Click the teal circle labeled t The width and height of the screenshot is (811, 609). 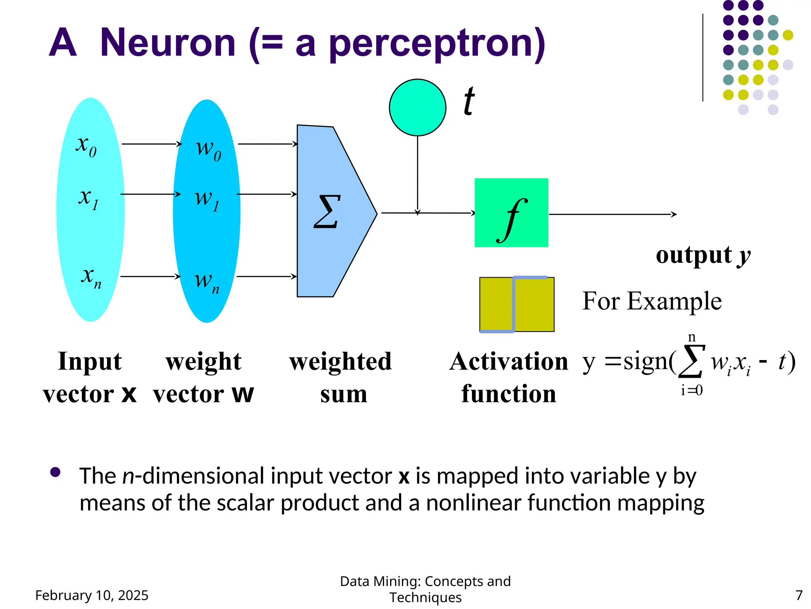coord(417,107)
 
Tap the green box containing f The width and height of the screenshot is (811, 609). coord(511,213)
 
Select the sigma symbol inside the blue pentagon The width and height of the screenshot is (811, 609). coord(327,212)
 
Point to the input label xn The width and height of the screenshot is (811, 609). coord(91,277)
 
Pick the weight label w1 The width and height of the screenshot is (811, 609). coord(207,199)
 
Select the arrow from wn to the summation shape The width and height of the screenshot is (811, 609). coord(267,276)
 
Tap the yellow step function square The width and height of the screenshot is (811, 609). coord(517,304)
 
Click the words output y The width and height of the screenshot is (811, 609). coord(703,255)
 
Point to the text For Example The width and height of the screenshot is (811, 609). coord(652,301)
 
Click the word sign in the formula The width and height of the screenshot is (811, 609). coord(645,362)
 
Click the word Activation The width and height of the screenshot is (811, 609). coord(509,362)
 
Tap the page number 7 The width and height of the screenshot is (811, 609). coord(799,595)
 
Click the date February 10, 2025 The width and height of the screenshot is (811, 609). coord(92,595)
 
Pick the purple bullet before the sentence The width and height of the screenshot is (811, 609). coord(55,472)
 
